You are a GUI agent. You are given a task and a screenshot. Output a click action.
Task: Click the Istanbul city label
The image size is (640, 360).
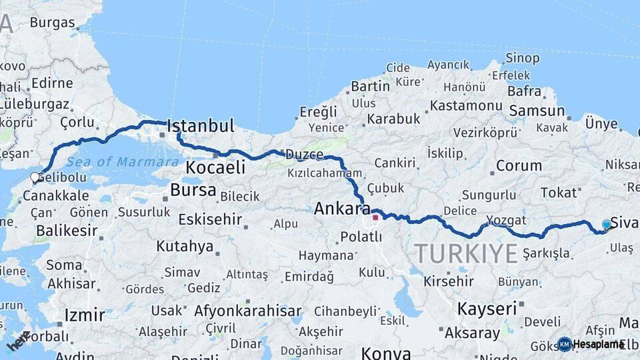[201, 126]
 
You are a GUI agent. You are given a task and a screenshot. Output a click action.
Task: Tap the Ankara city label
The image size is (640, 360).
[342, 209]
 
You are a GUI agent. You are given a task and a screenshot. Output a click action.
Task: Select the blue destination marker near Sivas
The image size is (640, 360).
[606, 225]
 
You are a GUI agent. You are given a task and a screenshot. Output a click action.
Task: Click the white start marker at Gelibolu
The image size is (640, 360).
[35, 178]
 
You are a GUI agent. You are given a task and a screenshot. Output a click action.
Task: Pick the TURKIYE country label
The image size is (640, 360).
[466, 253]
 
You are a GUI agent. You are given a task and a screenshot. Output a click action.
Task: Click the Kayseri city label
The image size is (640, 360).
[487, 309]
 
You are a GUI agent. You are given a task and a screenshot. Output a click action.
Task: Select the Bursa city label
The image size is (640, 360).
[193, 190]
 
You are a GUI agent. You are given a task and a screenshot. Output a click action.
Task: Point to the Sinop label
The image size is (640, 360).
[523, 59]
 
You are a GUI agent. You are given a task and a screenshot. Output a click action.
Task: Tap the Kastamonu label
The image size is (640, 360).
[465, 105]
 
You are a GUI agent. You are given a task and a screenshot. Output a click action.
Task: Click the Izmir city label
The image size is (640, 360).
[85, 315]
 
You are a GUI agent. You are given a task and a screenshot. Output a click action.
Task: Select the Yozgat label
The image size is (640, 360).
[507, 220]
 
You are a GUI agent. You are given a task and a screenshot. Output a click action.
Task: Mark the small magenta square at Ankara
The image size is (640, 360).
[375, 217]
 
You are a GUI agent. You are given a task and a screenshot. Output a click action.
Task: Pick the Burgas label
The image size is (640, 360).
[53, 23]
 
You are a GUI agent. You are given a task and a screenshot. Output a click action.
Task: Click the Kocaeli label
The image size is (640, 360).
[215, 167]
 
